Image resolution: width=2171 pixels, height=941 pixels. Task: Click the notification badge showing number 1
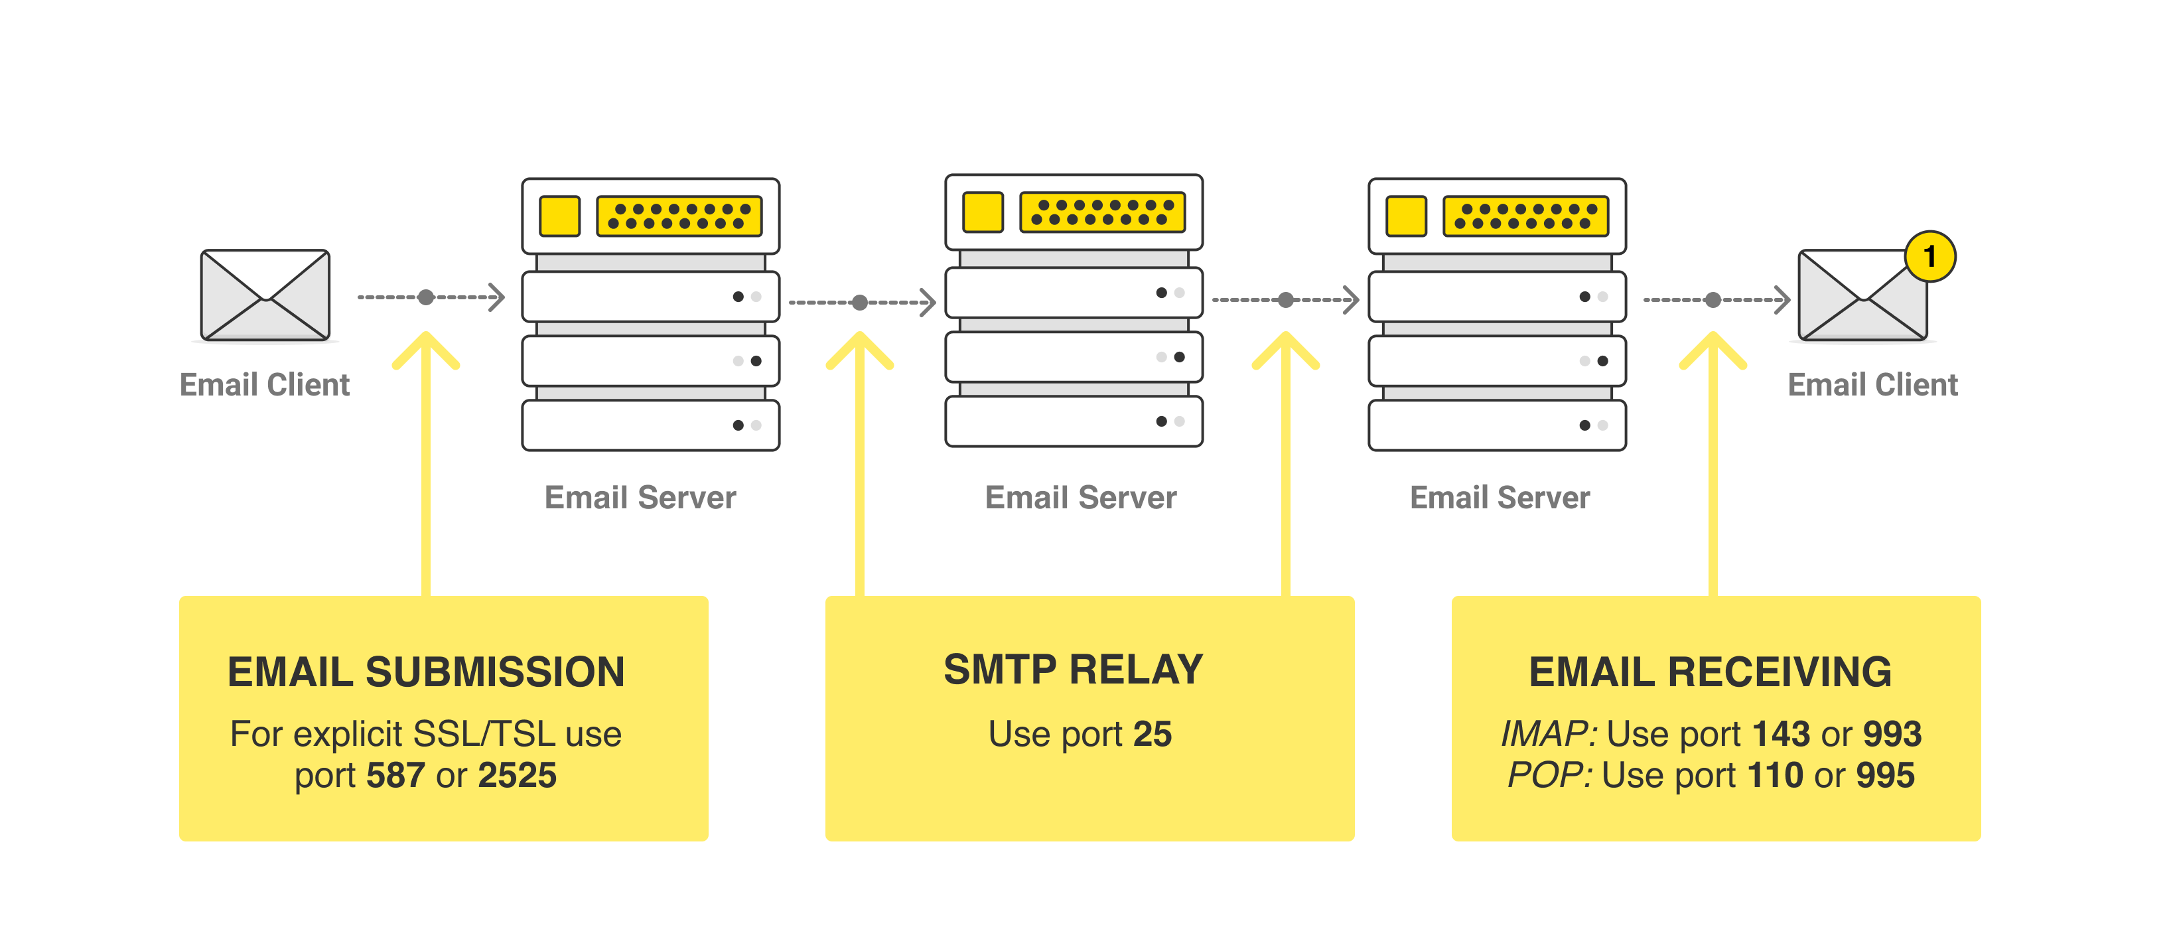(x=1929, y=256)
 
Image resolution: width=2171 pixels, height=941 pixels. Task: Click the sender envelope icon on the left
(x=265, y=295)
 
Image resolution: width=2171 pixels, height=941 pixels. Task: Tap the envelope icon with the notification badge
(x=1862, y=297)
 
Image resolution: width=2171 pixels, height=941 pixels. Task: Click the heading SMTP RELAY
(x=1073, y=670)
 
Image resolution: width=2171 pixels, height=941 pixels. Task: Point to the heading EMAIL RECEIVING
(x=1710, y=672)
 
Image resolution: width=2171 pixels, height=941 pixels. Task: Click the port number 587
(x=395, y=775)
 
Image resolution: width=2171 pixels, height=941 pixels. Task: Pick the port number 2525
(x=517, y=775)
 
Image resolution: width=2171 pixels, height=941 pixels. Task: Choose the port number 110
(x=1775, y=775)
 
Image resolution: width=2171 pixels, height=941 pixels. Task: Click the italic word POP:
(x=1549, y=775)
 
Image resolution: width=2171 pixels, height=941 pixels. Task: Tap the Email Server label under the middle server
(x=1080, y=498)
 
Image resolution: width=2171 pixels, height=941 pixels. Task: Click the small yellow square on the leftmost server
(x=559, y=216)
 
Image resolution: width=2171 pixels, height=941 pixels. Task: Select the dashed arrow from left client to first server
(x=430, y=297)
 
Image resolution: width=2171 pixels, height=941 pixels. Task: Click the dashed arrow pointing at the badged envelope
(x=1716, y=299)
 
